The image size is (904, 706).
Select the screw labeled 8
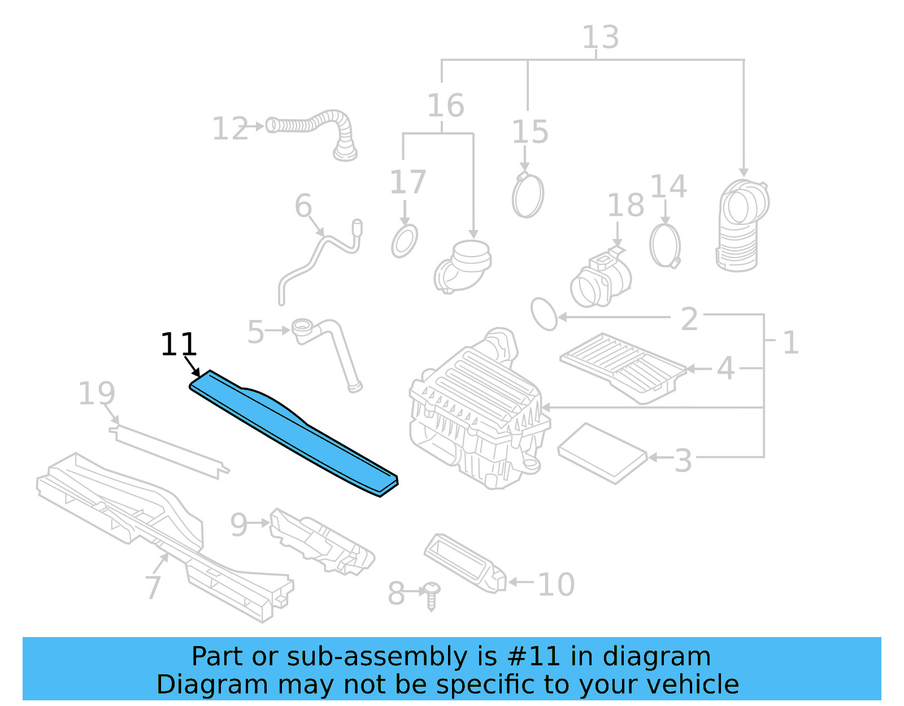432,595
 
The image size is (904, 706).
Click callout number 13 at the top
601,37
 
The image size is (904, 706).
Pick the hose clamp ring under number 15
528,196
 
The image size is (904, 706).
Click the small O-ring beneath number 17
405,241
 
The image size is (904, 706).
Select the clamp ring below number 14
665,245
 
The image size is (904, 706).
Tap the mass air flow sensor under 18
601,278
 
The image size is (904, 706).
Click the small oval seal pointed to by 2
544,314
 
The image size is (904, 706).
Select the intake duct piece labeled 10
464,562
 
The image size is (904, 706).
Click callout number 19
97,393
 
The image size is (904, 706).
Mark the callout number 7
153,587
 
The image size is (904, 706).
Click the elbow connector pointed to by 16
462,267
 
